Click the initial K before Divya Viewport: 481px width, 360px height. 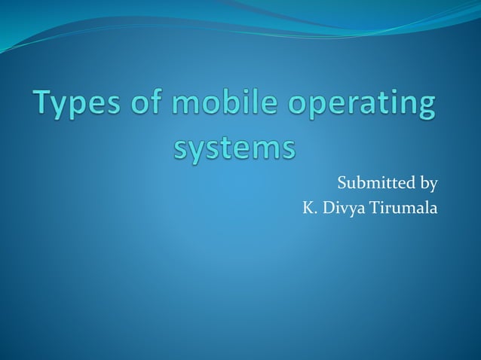coord(306,208)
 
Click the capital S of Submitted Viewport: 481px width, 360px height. coord(342,183)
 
